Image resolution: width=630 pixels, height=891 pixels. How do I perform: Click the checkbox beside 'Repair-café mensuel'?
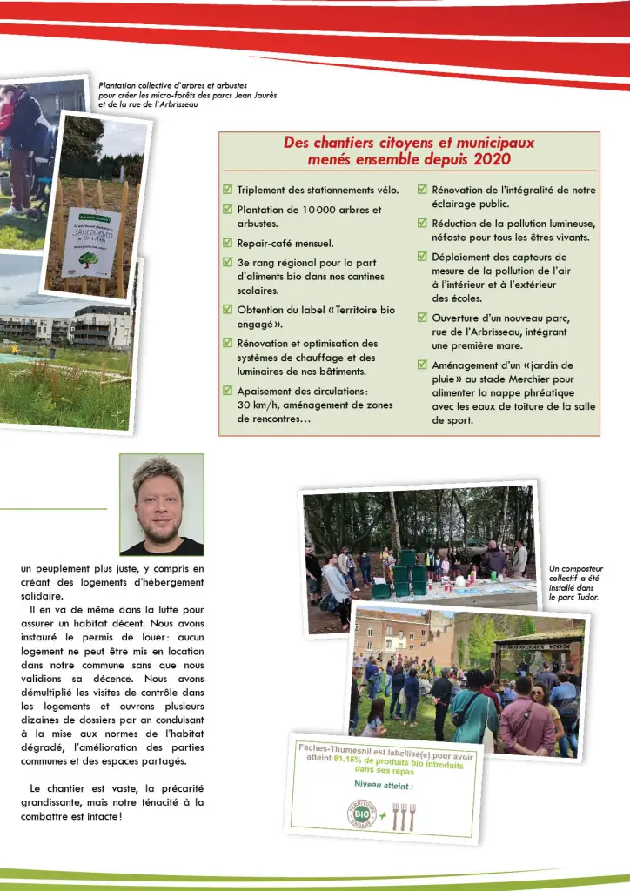[x=228, y=244]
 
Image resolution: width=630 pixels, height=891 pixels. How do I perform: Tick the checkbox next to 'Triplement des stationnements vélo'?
[x=228, y=189]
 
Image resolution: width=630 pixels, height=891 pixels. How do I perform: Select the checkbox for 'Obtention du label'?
[x=228, y=309]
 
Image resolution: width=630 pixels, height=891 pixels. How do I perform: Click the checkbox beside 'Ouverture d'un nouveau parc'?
[x=423, y=317]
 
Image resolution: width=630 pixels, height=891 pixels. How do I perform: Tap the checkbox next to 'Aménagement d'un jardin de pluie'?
[x=423, y=365]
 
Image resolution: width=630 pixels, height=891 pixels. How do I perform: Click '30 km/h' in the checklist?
[x=258, y=405]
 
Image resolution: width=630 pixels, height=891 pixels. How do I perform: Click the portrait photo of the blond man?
[x=161, y=505]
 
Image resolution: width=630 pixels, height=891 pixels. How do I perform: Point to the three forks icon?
[x=404, y=815]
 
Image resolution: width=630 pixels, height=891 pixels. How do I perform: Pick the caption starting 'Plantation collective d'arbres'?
[x=187, y=95]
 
